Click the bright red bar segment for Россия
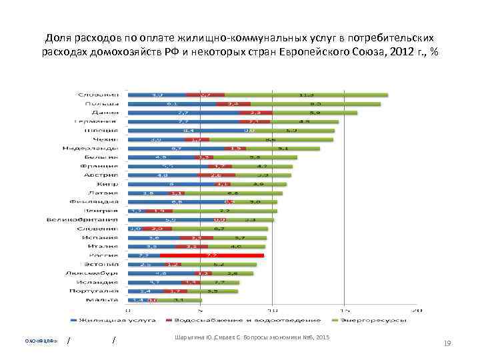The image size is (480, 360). (x=211, y=255)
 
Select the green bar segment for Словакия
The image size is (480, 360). (x=307, y=95)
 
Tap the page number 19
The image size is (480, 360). (x=447, y=343)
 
